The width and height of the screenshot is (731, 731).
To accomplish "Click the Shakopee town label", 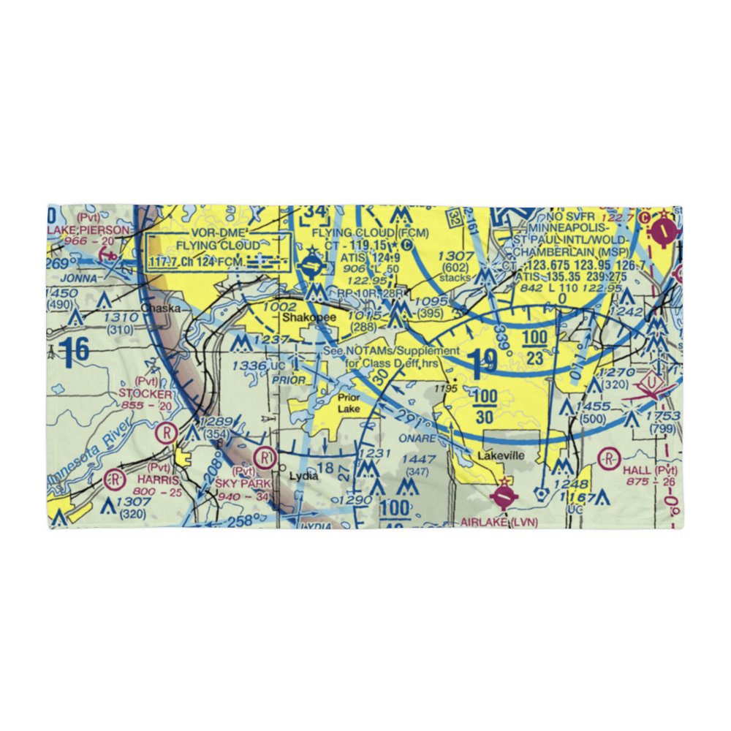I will (309, 319).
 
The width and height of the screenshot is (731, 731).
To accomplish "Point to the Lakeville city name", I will (501, 455).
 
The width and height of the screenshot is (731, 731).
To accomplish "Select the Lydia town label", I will (303, 476).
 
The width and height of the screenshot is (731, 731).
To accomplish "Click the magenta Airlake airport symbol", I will (504, 498).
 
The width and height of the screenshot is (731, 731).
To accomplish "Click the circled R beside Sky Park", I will (265, 459).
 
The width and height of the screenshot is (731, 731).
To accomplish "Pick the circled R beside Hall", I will (608, 459).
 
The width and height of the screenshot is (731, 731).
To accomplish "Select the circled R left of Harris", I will (114, 480).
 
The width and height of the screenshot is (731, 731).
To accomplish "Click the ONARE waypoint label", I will (418, 439).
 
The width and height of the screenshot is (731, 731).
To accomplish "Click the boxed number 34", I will (316, 213).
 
